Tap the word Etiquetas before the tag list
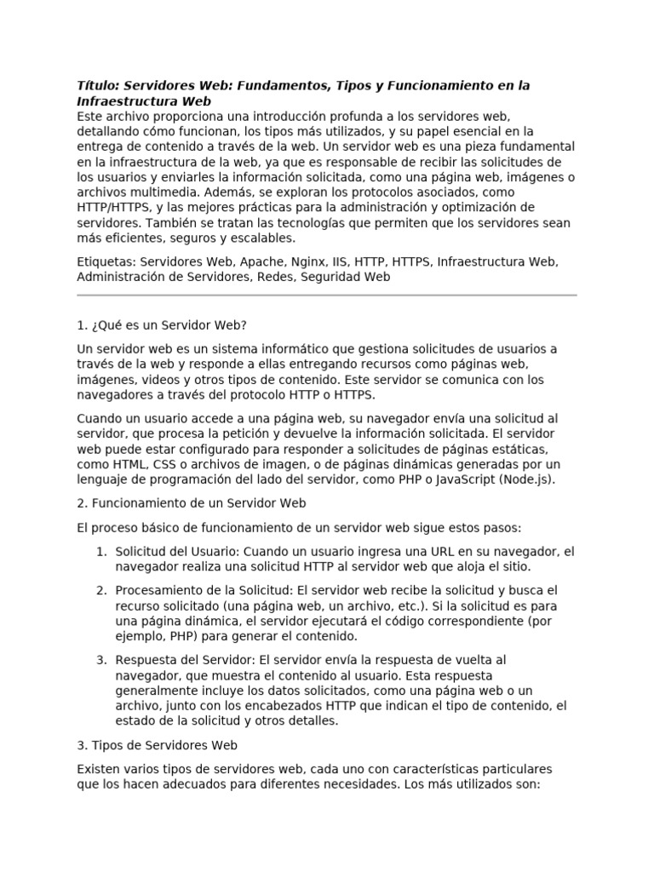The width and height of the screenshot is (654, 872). pos(106,262)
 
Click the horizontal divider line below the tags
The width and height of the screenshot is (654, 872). pos(326,295)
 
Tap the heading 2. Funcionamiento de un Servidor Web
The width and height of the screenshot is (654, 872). pos(192,503)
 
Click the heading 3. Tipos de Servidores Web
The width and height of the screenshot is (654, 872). pos(157,745)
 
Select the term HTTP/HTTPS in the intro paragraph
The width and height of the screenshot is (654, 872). pos(118,208)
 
